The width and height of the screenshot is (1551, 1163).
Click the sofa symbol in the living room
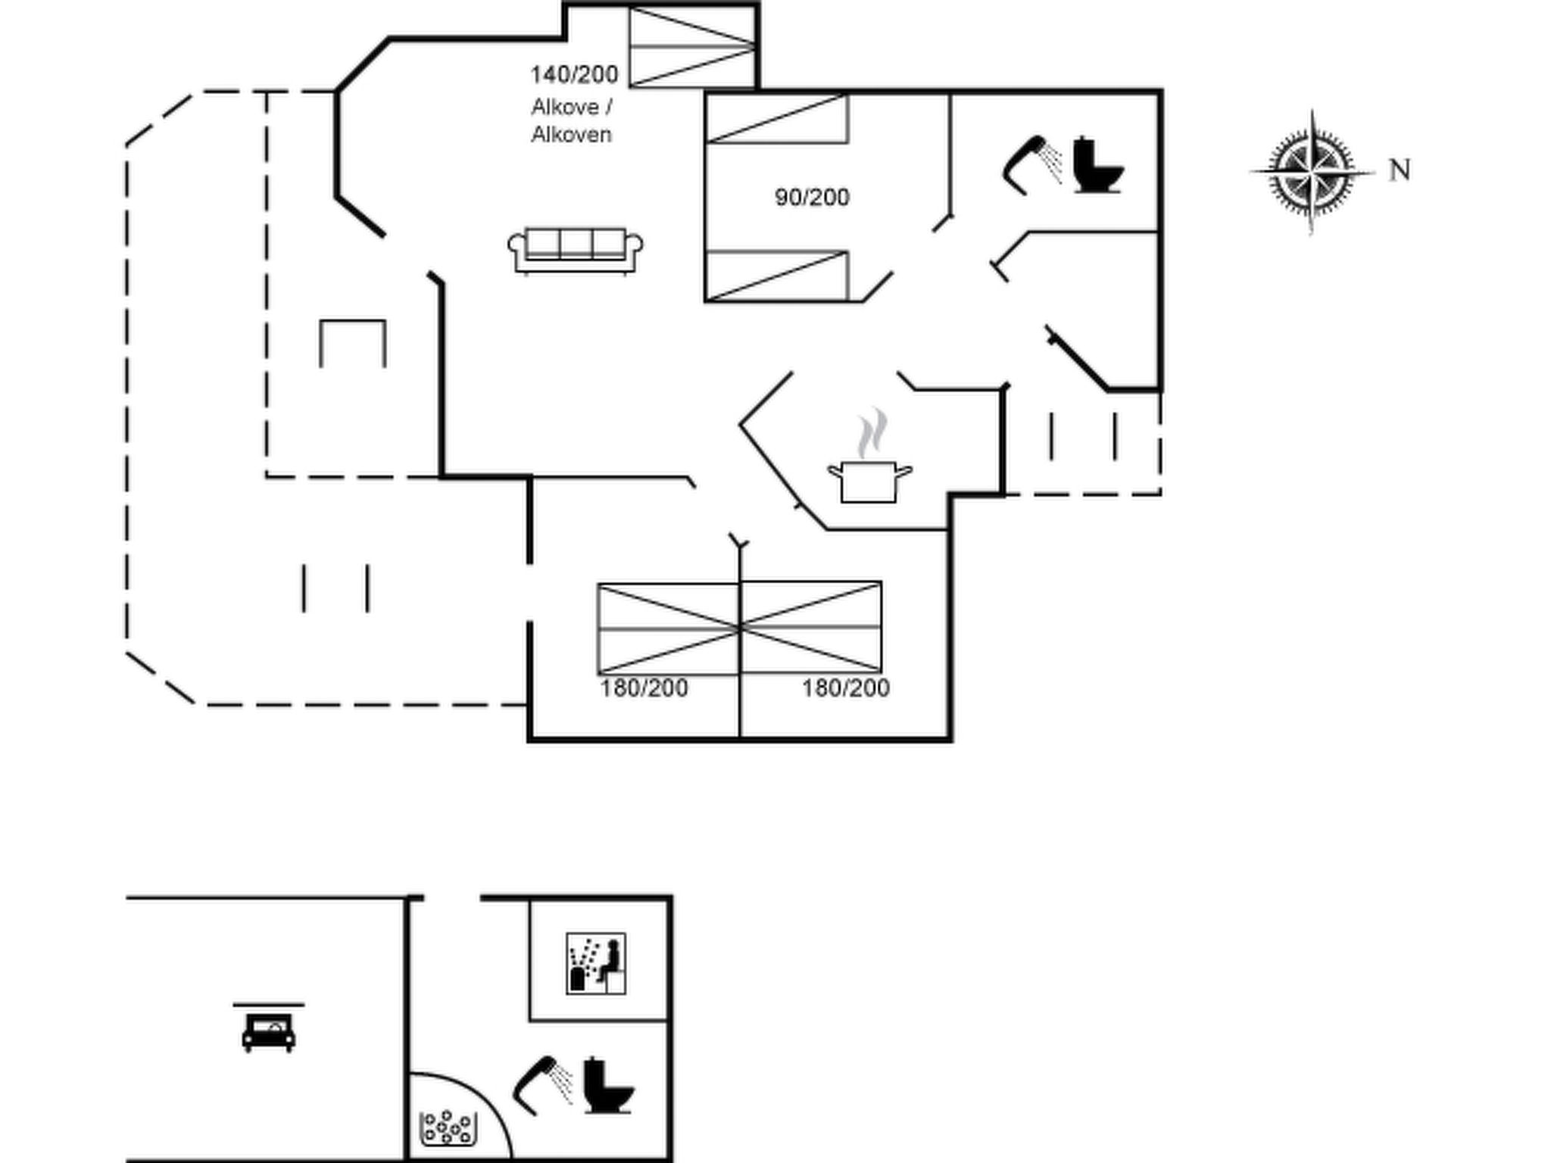pos(575,250)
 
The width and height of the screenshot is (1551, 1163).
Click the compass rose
pos(1312,172)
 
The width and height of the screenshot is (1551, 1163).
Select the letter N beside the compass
pos(1400,170)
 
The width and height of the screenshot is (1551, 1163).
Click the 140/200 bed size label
pos(574,74)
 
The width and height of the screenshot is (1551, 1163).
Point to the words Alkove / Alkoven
pos(572,120)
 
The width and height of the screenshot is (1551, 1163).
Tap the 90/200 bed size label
pos(812,197)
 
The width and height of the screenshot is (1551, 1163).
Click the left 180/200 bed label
pos(644,688)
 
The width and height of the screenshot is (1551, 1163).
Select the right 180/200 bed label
pos(845,688)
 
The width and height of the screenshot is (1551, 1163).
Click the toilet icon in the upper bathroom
pos(1098,164)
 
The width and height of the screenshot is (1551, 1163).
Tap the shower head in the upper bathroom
pos(1031,164)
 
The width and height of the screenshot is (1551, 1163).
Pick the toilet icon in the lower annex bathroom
pos(608,1085)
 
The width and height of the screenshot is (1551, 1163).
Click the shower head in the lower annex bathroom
pos(542,1085)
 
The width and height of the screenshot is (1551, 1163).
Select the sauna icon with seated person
pos(596,963)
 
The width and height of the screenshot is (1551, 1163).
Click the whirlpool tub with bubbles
pos(447,1127)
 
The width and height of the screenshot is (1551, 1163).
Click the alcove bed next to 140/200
pos(692,46)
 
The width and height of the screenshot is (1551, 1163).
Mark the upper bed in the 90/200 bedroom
pos(777,118)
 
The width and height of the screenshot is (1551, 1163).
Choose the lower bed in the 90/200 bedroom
pos(777,276)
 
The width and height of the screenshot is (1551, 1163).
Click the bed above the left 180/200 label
pos(668,628)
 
